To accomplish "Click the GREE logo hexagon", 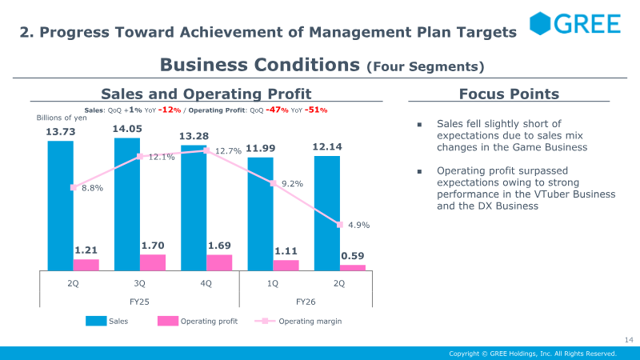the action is click(540, 23).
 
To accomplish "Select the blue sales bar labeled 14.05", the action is click(127, 204).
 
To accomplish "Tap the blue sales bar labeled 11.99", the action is click(261, 214).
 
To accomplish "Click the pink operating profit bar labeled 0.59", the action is click(353, 268).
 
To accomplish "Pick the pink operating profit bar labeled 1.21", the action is click(86, 265).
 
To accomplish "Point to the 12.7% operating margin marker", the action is click(206, 150).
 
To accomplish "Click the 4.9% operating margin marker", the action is click(339, 225).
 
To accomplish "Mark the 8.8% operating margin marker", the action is click(74, 187).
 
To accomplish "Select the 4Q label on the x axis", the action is click(206, 283).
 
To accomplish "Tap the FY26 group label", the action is click(306, 302).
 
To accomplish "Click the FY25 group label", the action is click(139, 302).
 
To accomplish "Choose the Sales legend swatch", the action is click(96, 322).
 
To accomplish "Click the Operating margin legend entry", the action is click(298, 322).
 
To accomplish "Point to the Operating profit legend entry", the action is click(198, 322).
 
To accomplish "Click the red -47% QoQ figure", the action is click(277, 110).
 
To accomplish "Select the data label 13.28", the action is click(194, 136).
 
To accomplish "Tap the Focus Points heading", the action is click(509, 94).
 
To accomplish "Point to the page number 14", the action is click(629, 339).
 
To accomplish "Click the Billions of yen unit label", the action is click(62, 118).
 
